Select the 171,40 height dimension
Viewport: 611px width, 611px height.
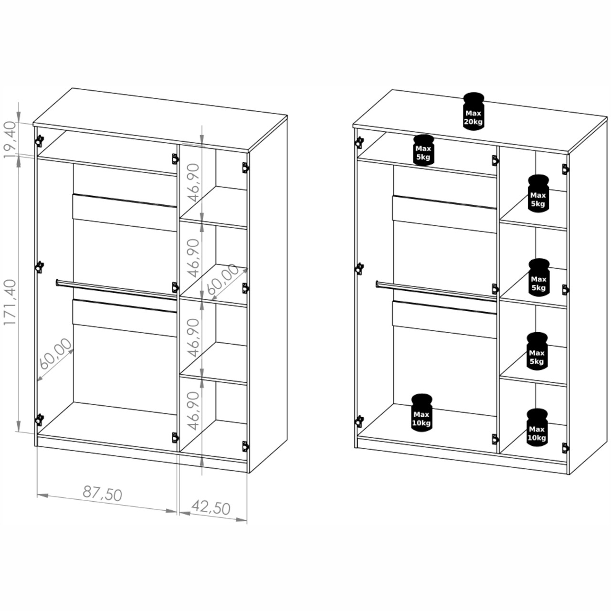(x=10, y=302)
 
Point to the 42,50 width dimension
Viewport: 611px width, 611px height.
(x=211, y=507)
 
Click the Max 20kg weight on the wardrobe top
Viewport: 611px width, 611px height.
(x=473, y=112)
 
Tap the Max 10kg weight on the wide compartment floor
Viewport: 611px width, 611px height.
(x=421, y=413)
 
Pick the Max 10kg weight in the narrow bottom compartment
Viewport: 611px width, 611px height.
(x=537, y=427)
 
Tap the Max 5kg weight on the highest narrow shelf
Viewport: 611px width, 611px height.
(x=538, y=193)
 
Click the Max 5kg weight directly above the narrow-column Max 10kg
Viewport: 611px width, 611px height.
(x=537, y=351)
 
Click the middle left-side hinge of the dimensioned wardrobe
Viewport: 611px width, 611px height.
(x=39, y=267)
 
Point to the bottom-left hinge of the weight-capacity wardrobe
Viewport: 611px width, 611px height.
(x=359, y=421)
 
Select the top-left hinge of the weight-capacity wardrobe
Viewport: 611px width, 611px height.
(x=359, y=142)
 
